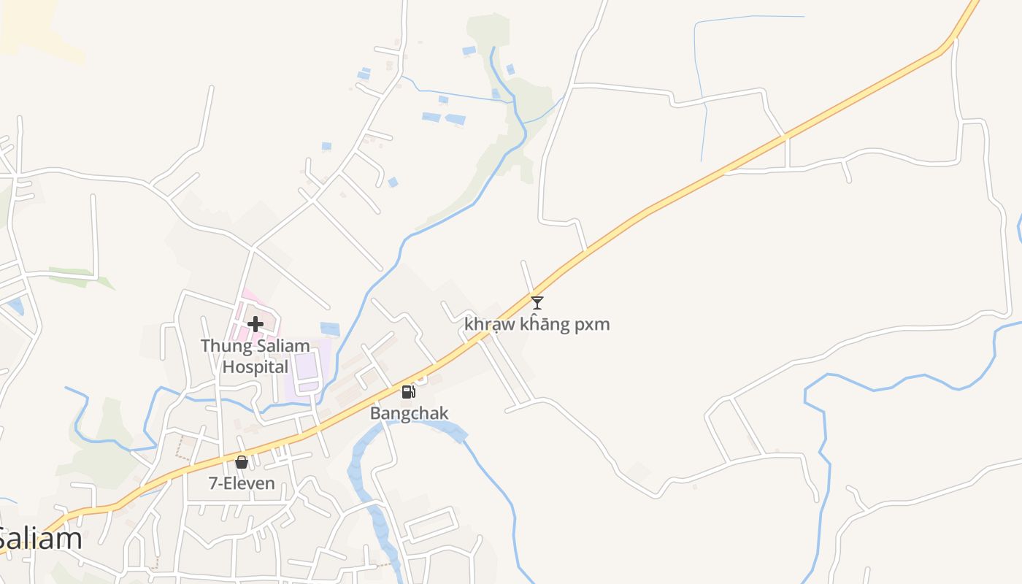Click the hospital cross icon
255,323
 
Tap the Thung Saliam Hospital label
255,356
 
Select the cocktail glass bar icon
537,302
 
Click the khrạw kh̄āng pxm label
537,324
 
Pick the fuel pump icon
409,392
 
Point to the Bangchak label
409,413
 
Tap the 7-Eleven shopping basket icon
242,462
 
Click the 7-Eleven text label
242,483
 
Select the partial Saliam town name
40,539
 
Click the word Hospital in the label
255,366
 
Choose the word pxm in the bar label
591,324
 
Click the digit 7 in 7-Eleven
212,483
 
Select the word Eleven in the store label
250,483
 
